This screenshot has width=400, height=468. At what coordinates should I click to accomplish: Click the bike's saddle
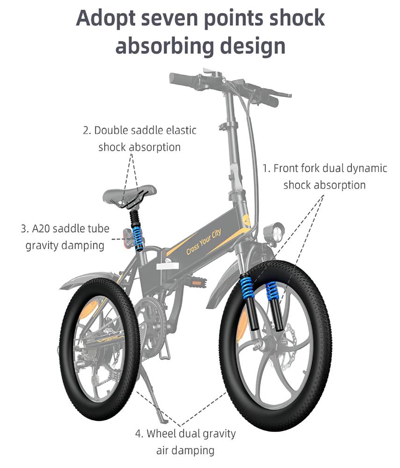pyautogui.click(x=130, y=193)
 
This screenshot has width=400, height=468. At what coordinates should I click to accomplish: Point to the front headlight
pyautogui.click(x=274, y=232)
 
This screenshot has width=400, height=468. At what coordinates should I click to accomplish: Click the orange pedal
pyautogui.click(x=198, y=282)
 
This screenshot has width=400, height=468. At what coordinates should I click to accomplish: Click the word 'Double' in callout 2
pyautogui.click(x=111, y=131)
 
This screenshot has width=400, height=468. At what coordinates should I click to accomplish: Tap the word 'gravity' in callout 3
pyautogui.click(x=42, y=246)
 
